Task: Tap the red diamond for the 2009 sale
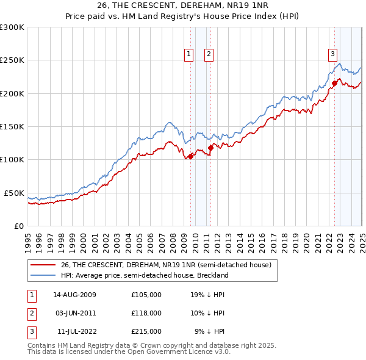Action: click(190, 156)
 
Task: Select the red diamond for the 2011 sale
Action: click(210, 147)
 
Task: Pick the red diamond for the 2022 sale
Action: click(334, 83)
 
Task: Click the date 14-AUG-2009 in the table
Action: click(75, 295)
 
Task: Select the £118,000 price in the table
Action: click(146, 313)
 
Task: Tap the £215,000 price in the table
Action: click(146, 331)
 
